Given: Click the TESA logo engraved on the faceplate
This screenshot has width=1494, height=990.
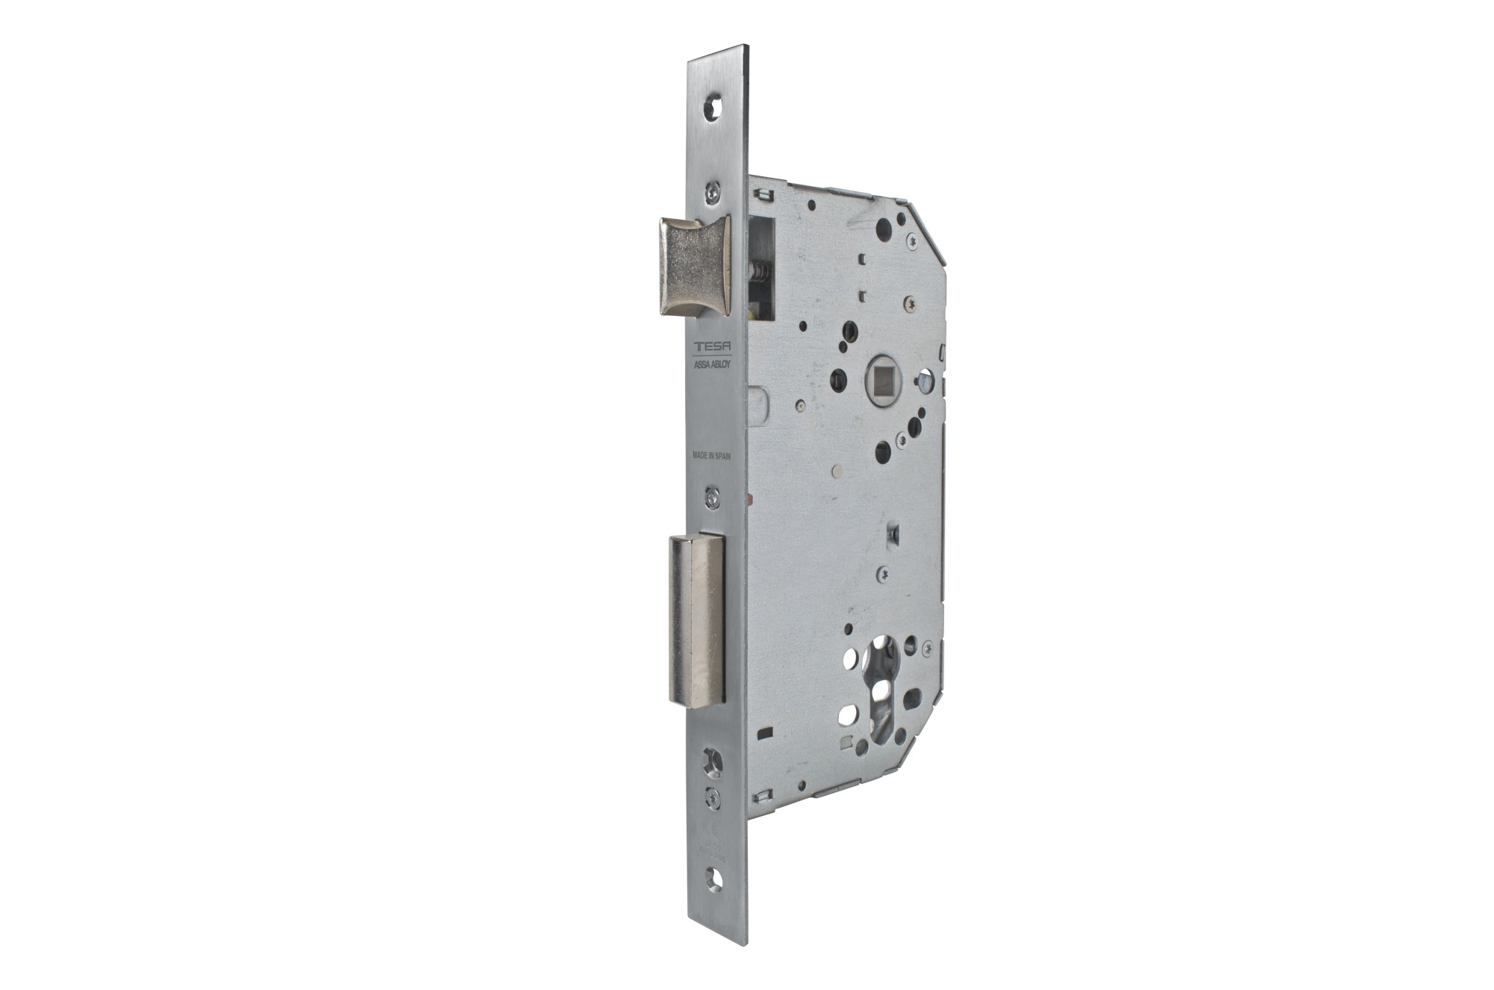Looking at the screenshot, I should coord(710,347).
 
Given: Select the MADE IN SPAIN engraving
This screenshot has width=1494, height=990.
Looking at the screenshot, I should coord(710,454).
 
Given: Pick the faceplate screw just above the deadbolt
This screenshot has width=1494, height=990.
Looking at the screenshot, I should coord(713,494).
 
